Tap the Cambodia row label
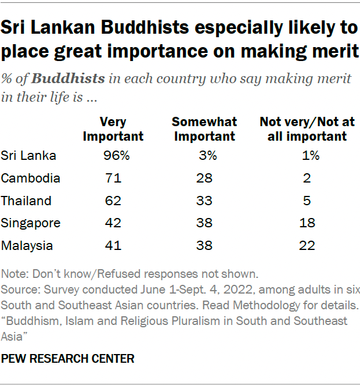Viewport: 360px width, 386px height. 31,178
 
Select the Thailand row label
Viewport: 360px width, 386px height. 27,201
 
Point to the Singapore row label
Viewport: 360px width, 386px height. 31,223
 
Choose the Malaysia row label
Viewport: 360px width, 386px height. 28,246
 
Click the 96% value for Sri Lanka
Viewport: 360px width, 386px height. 113,156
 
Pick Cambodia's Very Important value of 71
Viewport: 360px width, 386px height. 113,178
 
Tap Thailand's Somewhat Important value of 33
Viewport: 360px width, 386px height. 204,201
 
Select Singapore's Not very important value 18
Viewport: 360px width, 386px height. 307,223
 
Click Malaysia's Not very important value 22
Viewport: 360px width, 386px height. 307,246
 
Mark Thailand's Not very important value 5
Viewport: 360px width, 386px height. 307,201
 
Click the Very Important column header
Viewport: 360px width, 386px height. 113,129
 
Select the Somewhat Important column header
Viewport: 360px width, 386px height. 204,129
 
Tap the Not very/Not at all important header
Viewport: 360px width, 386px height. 303,129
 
